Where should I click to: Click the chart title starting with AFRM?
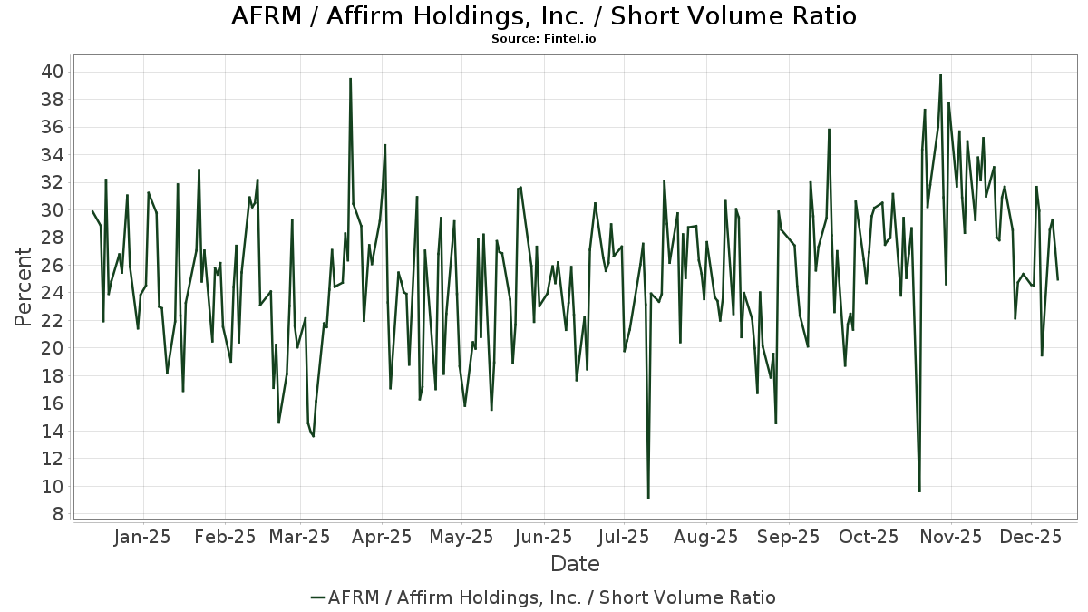[x=544, y=16]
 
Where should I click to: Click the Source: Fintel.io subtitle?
[x=544, y=39]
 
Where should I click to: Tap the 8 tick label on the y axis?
[x=57, y=514]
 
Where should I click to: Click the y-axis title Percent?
[x=24, y=293]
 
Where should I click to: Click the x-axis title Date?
[x=575, y=564]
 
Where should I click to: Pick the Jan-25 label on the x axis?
[x=142, y=537]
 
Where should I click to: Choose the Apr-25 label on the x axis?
[x=382, y=537]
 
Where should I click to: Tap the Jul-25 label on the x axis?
[x=624, y=537]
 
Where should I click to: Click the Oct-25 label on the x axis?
[x=869, y=537]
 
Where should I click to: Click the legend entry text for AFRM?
[x=551, y=597]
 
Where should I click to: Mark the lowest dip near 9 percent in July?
[x=648, y=497]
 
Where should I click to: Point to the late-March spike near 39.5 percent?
[x=350, y=79]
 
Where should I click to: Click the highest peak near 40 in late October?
[x=940, y=75]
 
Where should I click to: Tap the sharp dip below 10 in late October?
[x=919, y=491]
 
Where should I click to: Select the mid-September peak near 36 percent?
[x=829, y=129]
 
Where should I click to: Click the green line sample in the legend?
[x=317, y=597]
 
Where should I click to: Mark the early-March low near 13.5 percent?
[x=313, y=436]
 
